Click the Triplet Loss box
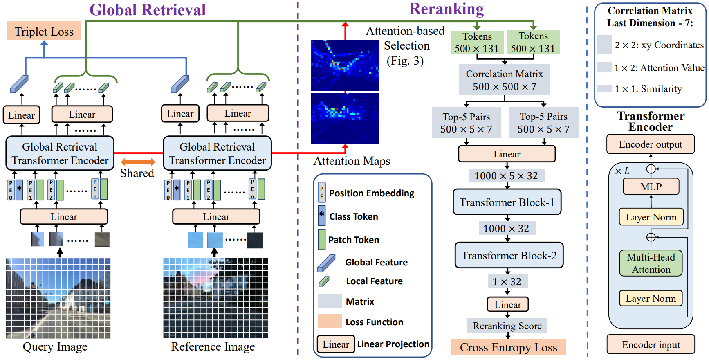[44, 31]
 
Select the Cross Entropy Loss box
[508, 347]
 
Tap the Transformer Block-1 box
[507, 202]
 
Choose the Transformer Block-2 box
[509, 256]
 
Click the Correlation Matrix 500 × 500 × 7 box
[504, 80]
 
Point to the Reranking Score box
[507, 326]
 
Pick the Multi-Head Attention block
[651, 263]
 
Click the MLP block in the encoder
[651, 187]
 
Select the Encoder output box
[650, 144]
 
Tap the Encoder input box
[651, 345]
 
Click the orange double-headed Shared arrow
[138, 162]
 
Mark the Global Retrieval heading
[148, 10]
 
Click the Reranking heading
[446, 9]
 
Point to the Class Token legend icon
[322, 216]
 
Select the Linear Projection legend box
[336, 344]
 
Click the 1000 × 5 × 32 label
[506, 176]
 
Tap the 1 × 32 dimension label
[507, 282]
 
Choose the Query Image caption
[55, 347]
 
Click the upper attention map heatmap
[345, 65]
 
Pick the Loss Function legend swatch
[330, 321]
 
